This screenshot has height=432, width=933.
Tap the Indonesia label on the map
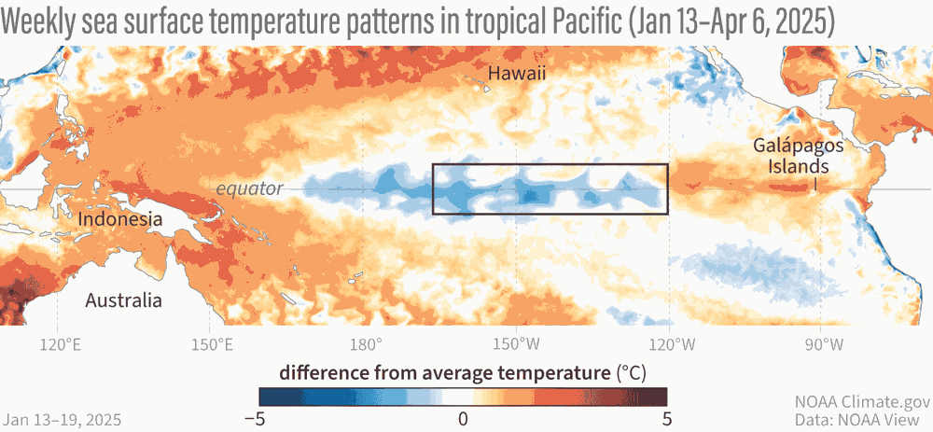click(x=120, y=219)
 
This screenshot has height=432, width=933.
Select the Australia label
click(x=123, y=300)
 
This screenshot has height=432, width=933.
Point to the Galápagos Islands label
click(x=792, y=156)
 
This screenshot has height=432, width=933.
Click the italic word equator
click(x=249, y=188)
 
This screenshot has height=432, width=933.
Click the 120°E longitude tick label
click(x=58, y=344)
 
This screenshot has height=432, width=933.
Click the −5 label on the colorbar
click(x=253, y=418)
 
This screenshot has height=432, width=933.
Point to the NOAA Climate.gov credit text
click(x=862, y=402)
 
